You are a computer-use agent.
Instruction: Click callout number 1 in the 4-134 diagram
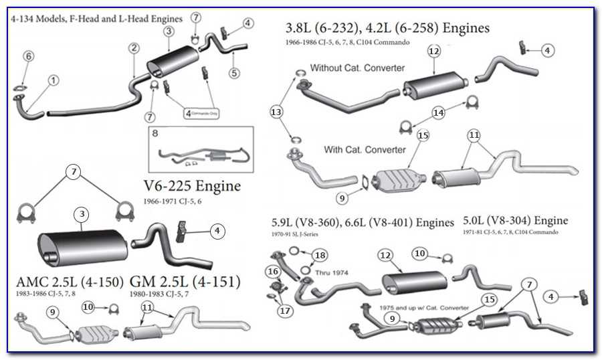[53, 80]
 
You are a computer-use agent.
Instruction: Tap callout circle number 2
[134, 48]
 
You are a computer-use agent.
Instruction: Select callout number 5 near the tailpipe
[233, 73]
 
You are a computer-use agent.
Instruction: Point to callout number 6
[28, 57]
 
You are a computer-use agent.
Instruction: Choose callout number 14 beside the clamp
[438, 113]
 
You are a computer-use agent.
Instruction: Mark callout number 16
[272, 271]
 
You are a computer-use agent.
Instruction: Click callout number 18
[320, 256]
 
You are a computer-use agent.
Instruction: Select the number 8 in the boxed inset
[155, 133]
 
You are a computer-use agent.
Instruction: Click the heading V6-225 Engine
[192, 186]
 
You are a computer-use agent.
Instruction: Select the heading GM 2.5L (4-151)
[185, 282]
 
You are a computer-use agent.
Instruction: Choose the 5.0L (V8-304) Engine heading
[515, 220]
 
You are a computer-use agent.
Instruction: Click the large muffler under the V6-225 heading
[84, 246]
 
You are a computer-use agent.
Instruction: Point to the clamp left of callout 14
[405, 126]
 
